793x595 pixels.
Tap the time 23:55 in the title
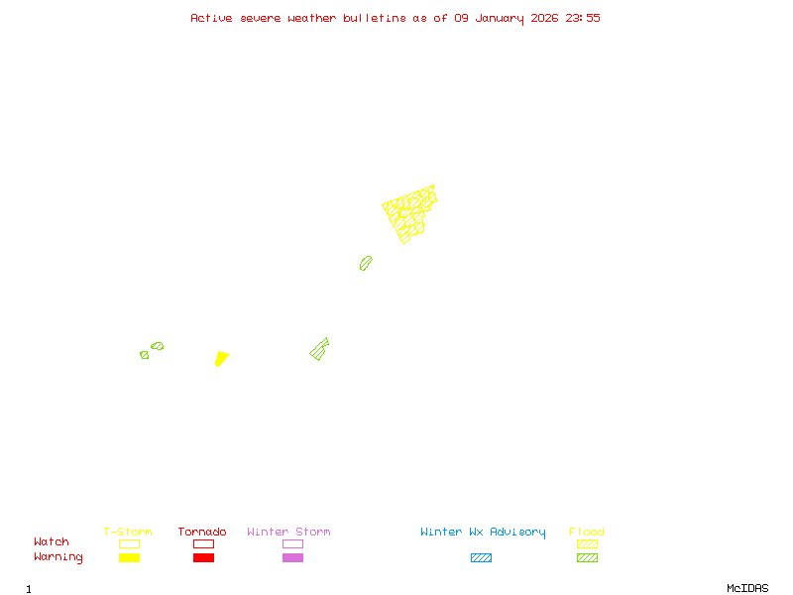[x=583, y=18]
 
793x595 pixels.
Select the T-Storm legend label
[x=128, y=533]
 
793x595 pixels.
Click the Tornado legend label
[x=202, y=533]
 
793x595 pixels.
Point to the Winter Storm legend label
[x=288, y=533]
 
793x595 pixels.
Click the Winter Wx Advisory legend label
[x=483, y=533]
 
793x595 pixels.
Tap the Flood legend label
[x=587, y=533]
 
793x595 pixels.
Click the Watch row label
[x=52, y=542]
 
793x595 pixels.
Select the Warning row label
[x=58, y=557]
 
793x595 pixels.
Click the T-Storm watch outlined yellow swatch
[x=129, y=543]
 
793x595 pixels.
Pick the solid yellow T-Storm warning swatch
[x=129, y=558]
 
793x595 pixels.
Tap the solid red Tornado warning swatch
[x=203, y=558]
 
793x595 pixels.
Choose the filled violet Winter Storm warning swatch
[x=292, y=558]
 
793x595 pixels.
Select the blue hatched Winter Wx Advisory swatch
[x=481, y=558]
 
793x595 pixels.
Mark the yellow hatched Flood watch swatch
[x=587, y=543]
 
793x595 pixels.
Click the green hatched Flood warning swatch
[x=587, y=558]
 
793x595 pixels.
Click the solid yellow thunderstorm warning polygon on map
[x=221, y=358]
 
